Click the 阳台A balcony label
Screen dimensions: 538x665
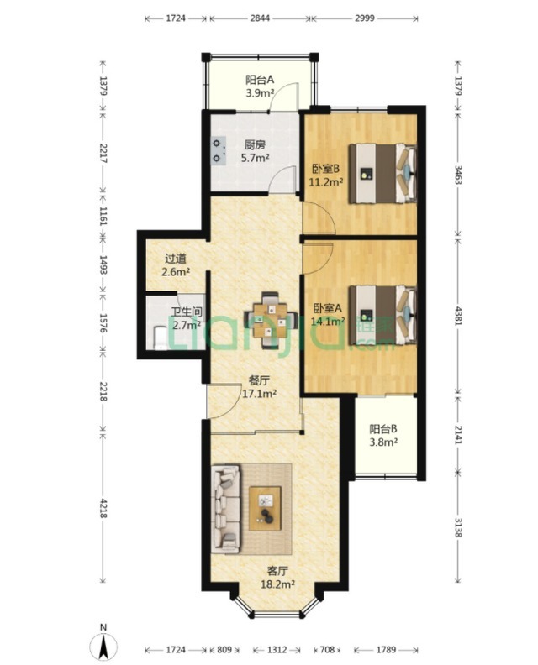coord(260,80)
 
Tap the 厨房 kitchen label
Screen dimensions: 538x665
coord(255,145)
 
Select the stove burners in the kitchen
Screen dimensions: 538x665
coord(219,151)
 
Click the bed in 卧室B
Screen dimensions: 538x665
coord(382,173)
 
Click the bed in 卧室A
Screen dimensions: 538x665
coord(382,314)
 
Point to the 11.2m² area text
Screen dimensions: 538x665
coord(326,182)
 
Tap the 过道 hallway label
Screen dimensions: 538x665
coord(176,259)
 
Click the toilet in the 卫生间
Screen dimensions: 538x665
coord(161,338)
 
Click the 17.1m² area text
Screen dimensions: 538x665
coord(259,394)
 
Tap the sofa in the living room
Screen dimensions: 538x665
coord(226,509)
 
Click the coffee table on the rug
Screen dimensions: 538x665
coord(266,508)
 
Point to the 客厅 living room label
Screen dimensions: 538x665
coord(277,570)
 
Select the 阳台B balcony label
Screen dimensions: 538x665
coord(383,429)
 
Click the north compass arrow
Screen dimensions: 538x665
coord(103,647)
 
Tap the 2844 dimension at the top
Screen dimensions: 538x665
coord(260,18)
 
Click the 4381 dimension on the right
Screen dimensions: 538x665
coord(458,315)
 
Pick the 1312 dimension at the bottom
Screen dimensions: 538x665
coord(277,649)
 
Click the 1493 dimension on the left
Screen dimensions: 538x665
coord(103,264)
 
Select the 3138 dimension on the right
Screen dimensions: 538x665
coord(458,527)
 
